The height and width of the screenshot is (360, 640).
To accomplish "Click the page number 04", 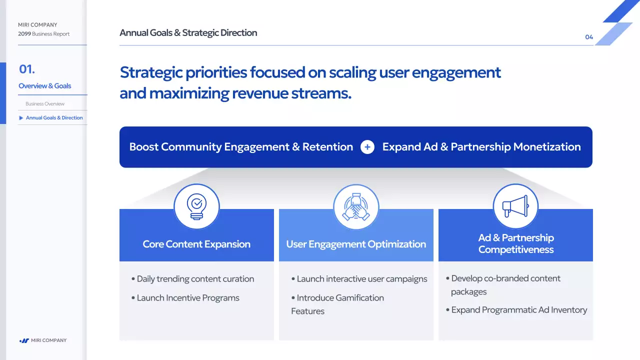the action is pos(589,37).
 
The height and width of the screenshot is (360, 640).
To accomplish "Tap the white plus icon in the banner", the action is pos(367,147).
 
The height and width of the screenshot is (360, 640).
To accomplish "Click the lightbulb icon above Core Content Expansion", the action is pos(196,206).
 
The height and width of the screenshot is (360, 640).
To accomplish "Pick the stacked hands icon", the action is pos(356,206).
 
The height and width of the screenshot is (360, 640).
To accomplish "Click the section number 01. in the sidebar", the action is pos(27,69).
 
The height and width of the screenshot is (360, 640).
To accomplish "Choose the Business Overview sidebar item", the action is pos(45,103).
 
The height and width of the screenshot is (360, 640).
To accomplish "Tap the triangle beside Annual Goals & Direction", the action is pos(21,117).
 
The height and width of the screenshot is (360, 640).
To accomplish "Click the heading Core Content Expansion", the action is pos(196,244).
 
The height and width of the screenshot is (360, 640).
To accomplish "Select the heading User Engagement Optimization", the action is pos(356,244).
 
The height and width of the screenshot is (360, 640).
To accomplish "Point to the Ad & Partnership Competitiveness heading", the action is pos(516,243).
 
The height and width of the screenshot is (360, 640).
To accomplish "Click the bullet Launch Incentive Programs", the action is pos(185,297).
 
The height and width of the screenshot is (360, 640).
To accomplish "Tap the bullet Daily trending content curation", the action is pos(192,279).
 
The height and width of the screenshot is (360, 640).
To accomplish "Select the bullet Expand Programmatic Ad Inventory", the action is pos(516,309).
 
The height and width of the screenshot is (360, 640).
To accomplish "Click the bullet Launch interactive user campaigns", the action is pos(359,279).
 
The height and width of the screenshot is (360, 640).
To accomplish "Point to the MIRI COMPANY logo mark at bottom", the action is pos(24,340).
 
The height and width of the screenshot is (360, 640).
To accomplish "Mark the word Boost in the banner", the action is pos(143,147).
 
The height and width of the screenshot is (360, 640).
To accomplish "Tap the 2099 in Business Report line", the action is pos(24,33).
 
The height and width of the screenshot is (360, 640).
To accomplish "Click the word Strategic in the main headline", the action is pos(151,72).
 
